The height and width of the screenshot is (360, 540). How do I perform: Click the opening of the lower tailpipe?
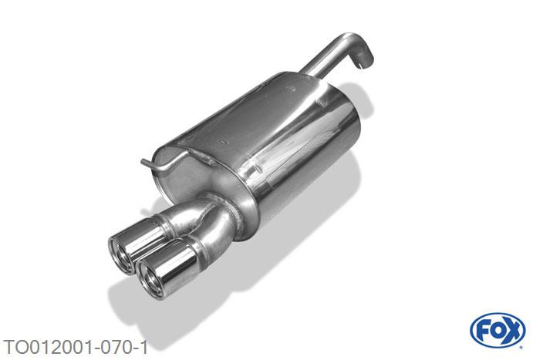click(x=150, y=278)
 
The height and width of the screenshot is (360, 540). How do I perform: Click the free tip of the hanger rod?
click(x=142, y=161)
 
